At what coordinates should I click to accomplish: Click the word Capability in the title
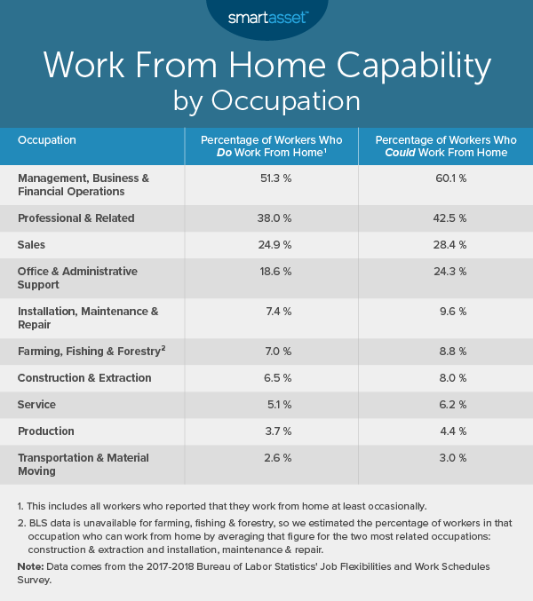pos(393,67)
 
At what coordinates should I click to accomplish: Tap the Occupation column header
pos(47,140)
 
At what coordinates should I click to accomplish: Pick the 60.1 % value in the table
pos(447,178)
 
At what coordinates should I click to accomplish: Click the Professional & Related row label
pos(76,217)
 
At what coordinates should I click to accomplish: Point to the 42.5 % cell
pos(447,217)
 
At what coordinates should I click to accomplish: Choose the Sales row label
pos(32,244)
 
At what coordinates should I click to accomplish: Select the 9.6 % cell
pos(447,311)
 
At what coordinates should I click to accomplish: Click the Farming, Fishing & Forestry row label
pos(90,351)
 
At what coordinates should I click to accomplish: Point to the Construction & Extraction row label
pos(84,377)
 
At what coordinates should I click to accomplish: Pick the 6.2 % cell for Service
pos(447,404)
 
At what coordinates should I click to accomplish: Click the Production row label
pos(45,431)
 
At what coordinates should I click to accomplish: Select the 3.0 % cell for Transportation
pos(447,457)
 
